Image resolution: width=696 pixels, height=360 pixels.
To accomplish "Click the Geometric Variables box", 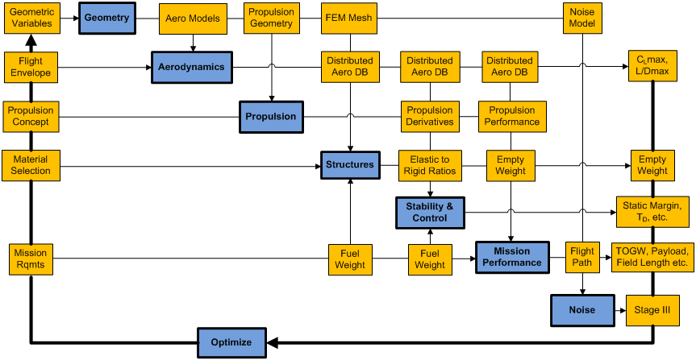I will pos(31,18).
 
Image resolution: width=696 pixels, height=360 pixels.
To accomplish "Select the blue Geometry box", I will pos(106,18).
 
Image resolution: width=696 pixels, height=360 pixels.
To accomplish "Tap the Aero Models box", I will pos(192,19).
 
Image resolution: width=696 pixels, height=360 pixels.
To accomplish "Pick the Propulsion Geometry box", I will pos(271,18).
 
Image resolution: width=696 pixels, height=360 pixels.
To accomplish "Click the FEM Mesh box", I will pos(348,18).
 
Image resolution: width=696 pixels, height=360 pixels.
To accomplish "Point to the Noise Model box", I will pos(582,18).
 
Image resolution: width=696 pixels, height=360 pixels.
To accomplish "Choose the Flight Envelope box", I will pos(30,67).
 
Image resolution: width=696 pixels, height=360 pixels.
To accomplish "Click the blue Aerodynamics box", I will pos(191,68).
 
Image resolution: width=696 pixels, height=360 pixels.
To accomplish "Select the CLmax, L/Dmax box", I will pos(652,66).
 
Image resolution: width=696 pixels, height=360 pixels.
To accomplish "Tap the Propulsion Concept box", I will pos(30,116).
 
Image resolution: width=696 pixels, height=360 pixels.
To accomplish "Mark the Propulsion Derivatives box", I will pos(430,116).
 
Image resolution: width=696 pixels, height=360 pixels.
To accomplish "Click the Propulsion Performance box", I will pos(511,116).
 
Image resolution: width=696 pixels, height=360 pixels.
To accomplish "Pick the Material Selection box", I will pos(31,165).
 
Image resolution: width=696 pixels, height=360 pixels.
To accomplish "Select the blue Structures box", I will pos(349,165).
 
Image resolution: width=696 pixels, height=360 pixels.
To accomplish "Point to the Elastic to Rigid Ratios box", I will pos(429,165).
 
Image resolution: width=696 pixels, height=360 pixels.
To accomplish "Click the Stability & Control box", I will pos(429,212).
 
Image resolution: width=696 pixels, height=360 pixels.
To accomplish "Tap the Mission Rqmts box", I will pos(31,259).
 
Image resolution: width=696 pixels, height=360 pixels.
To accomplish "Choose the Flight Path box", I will pos(581,257).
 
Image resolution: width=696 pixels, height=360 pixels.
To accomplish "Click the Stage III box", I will pos(652,310).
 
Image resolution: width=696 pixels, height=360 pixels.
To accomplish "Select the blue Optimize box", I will pos(231,342).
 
